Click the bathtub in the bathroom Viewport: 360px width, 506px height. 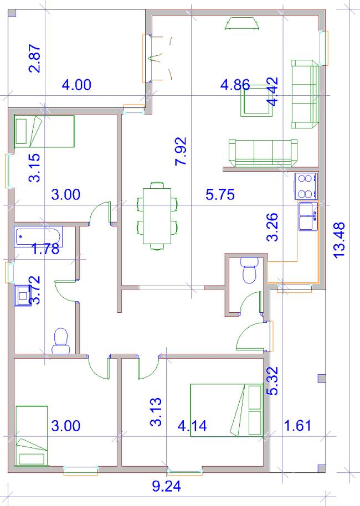38,237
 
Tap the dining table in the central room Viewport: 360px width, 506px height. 157,216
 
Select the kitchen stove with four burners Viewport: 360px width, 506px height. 306,186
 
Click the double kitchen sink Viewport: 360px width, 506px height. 308,216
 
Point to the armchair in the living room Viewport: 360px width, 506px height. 256,100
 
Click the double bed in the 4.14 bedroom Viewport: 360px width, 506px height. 227,410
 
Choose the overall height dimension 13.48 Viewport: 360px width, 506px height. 339,240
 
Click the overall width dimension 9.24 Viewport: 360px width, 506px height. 166,486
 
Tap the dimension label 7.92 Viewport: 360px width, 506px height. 181,151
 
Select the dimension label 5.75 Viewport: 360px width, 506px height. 220,194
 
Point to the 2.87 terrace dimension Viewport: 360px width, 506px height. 35,58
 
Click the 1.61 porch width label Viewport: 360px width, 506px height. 297,426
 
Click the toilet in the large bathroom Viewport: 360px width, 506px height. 61,341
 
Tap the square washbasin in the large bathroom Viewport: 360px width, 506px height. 23,295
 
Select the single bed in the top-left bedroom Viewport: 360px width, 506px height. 44,131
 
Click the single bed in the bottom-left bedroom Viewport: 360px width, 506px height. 32,436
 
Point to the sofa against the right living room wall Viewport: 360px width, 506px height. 305,94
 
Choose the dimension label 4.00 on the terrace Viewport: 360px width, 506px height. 76,85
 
